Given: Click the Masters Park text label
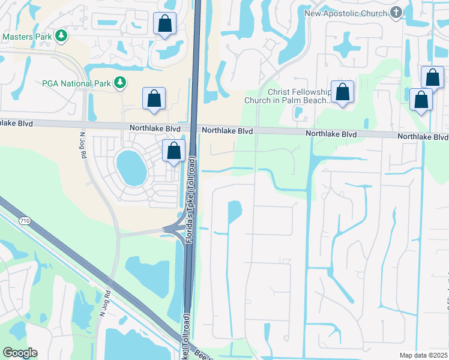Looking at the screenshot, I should tap(27, 37).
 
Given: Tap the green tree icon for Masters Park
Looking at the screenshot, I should tap(61, 37).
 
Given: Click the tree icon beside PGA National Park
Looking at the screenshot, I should tap(120, 82).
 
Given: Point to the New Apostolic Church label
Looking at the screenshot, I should tap(346, 13).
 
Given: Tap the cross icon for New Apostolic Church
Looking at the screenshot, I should tap(396, 13).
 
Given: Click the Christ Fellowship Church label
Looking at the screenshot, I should tap(288, 95).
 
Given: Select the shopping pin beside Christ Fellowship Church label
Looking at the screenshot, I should tap(342, 92).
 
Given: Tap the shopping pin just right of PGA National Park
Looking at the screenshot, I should tap(154, 98).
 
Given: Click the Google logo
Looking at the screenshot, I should tap(20, 353).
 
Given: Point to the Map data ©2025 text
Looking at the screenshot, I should tap(423, 355).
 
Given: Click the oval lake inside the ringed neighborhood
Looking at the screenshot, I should tap(131, 167).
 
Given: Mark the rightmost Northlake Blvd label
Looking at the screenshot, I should tap(422, 137).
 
